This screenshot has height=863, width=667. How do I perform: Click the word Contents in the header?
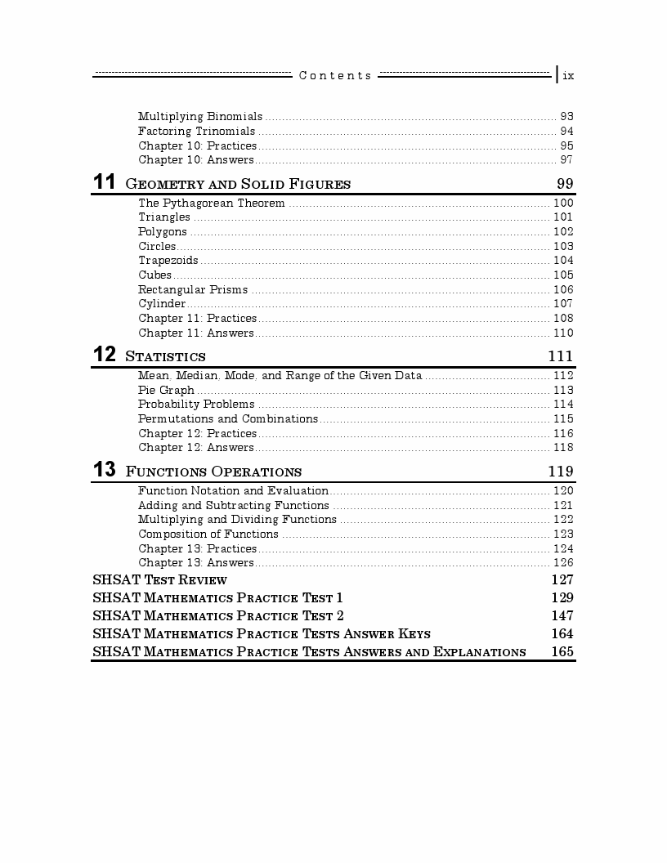[335, 75]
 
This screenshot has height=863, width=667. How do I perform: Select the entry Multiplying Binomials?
[200, 117]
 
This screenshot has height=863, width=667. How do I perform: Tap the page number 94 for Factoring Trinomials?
[566, 132]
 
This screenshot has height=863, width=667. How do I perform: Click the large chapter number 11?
[105, 182]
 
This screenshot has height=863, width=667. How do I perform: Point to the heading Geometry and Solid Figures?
[238, 184]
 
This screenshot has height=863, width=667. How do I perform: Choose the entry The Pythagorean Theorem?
[211, 203]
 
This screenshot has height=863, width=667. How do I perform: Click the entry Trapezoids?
[168, 261]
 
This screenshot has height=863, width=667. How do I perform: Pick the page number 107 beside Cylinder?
[563, 304]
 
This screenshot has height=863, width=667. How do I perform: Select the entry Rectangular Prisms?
[194, 290]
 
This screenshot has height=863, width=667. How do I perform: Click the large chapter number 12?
[105, 355]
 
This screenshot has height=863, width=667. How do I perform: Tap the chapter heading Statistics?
[165, 357]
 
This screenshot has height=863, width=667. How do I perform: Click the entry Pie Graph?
[166, 391]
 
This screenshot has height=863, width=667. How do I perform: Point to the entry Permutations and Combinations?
[227, 419]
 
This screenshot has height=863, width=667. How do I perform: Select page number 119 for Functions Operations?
[560, 472]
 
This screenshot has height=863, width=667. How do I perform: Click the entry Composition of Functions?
[208, 534]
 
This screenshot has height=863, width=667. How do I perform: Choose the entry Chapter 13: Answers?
[196, 563]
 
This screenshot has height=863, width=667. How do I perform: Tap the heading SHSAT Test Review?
[159, 580]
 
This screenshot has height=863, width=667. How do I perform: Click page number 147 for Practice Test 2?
[562, 616]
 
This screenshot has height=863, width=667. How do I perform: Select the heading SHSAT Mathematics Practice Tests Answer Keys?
[262, 634]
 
